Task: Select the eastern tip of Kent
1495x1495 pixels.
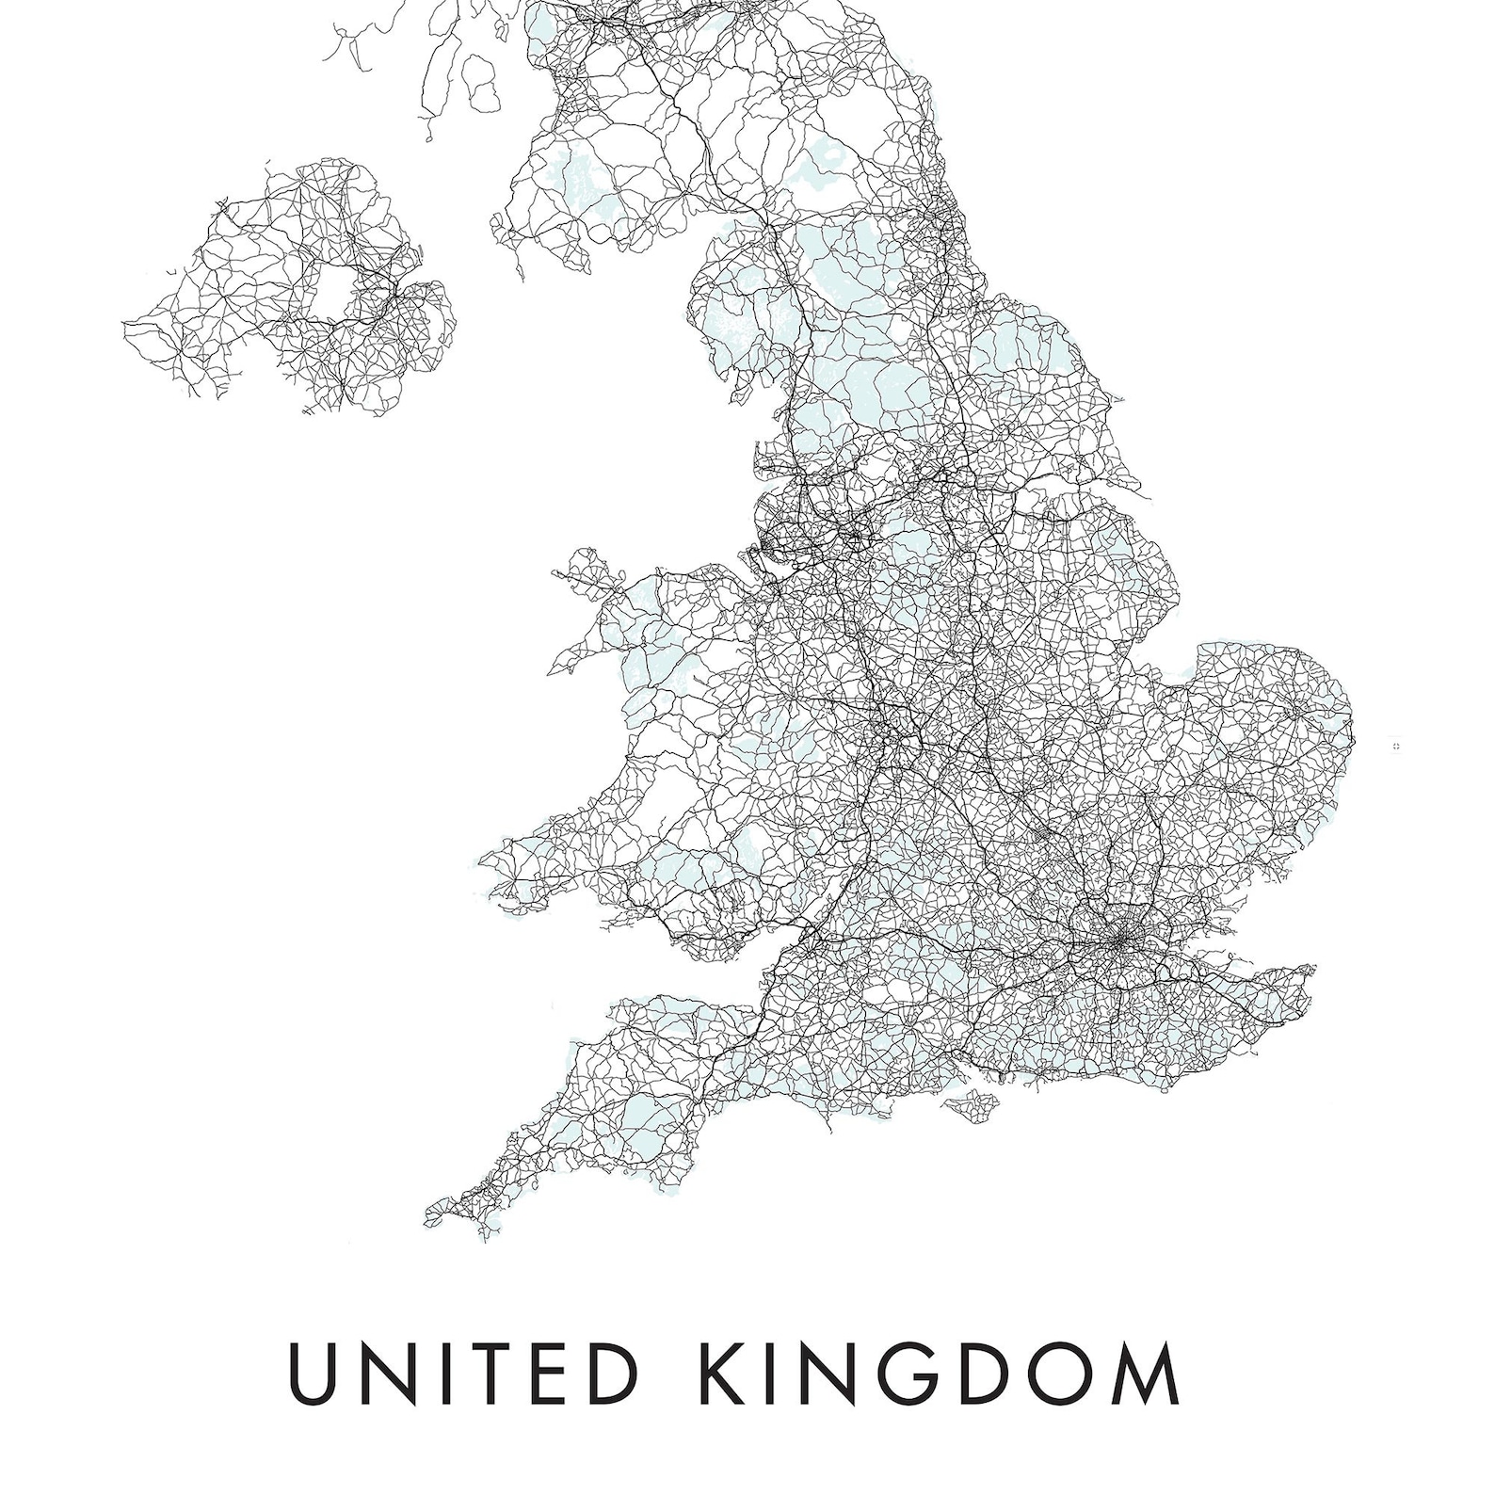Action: pos(1310,970)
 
